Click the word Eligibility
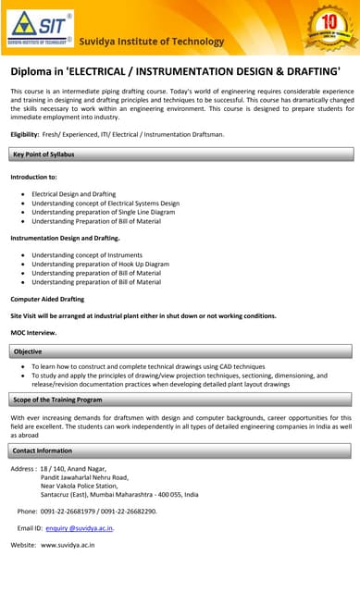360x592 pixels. (29, 135)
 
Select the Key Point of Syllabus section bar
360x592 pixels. (180, 154)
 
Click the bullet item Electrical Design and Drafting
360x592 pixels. (74, 194)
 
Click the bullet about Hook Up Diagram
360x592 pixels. (100, 265)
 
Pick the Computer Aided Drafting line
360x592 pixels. (47, 299)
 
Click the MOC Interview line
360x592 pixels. (33, 332)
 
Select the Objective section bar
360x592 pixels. (180, 351)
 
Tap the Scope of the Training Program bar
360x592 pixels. (180, 399)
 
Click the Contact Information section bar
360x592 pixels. (180, 450)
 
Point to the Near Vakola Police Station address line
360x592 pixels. (86, 486)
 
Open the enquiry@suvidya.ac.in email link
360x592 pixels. (80, 528)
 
